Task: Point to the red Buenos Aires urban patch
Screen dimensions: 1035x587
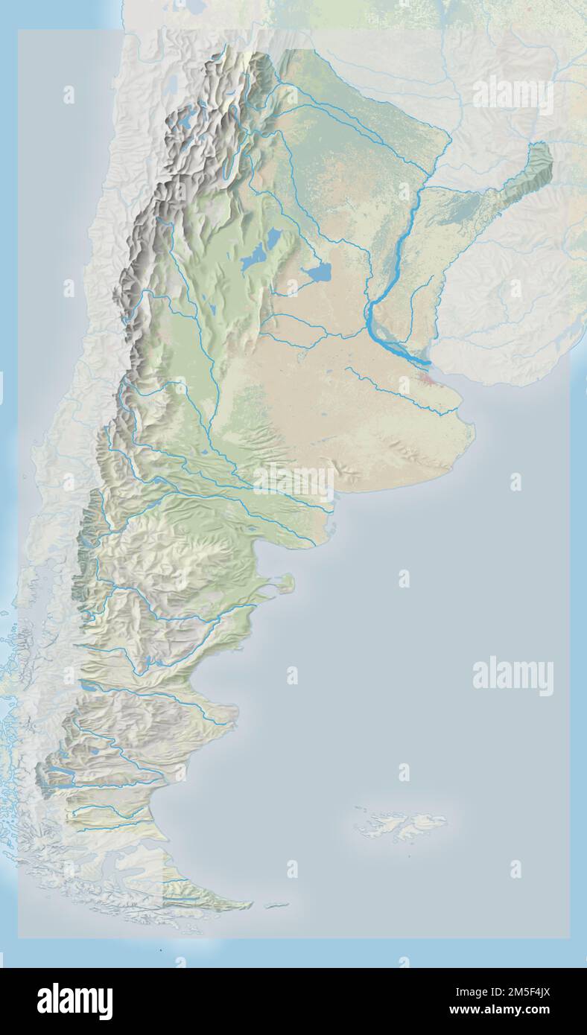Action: click(x=429, y=383)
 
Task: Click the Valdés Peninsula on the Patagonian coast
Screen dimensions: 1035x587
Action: click(x=284, y=582)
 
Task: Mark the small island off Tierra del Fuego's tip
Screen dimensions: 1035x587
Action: click(x=276, y=906)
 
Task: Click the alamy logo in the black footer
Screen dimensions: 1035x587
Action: click(x=74, y=1001)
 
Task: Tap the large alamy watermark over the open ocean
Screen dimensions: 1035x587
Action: click(x=513, y=676)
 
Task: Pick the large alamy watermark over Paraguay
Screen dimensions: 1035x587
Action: click(x=513, y=95)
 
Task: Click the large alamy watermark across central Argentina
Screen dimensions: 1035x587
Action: click(x=294, y=483)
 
